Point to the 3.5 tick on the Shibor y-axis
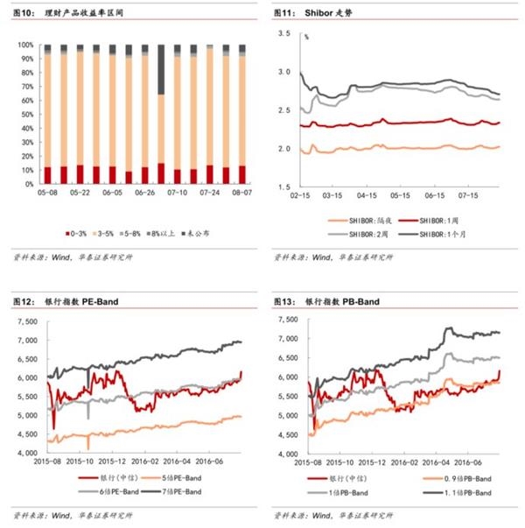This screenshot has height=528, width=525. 283,33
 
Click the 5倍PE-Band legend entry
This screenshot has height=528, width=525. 181,479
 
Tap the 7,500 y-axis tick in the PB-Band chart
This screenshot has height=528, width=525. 285,317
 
